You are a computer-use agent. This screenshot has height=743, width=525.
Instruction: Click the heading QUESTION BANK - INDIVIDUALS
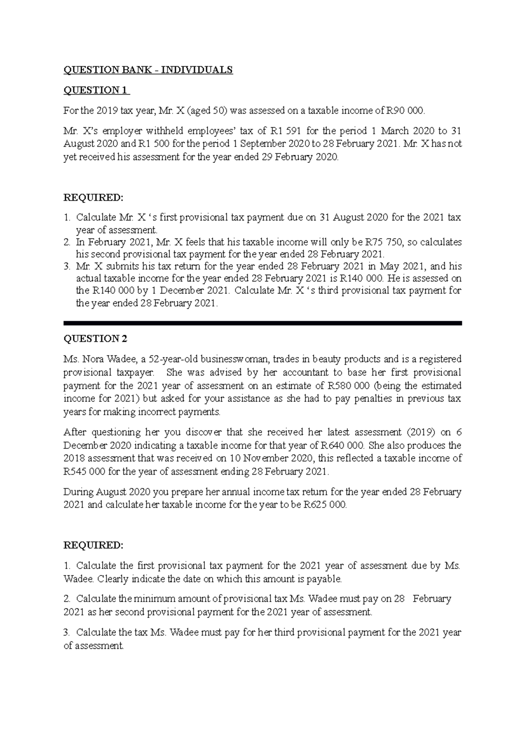pos(148,70)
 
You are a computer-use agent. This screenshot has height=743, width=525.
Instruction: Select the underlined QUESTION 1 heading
pos(96,90)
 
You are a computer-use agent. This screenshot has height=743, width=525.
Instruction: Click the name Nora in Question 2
pos(91,359)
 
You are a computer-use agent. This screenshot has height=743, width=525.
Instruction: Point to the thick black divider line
pos(262,323)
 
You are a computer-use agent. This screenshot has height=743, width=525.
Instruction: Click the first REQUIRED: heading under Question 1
pos(93,197)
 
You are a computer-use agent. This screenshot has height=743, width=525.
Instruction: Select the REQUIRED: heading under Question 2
pos(93,545)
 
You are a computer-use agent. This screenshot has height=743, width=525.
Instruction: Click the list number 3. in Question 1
pos(67,266)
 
